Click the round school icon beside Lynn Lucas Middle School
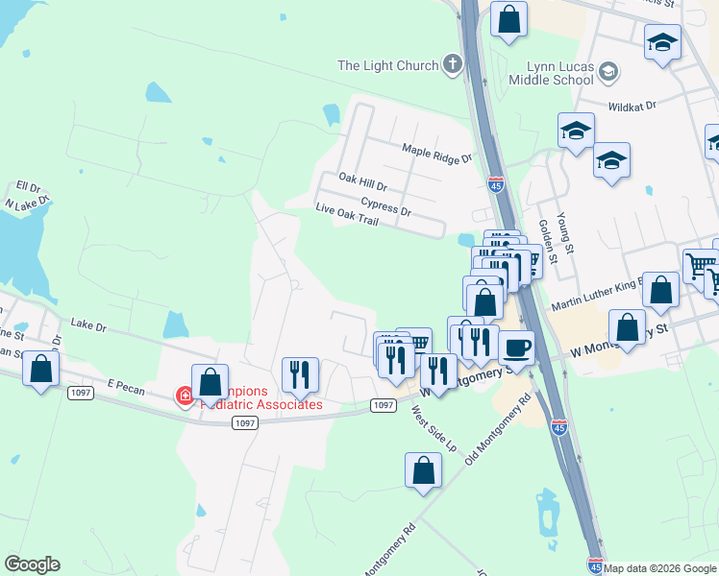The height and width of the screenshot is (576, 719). pyautogui.click(x=607, y=71)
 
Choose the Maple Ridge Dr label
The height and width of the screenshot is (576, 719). pyautogui.click(x=437, y=153)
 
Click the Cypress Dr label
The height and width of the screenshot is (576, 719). pyautogui.click(x=385, y=205)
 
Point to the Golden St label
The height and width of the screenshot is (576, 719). pyautogui.click(x=546, y=241)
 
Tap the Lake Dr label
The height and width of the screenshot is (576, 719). pyautogui.click(x=87, y=325)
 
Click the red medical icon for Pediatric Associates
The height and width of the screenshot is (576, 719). pyautogui.click(x=183, y=396)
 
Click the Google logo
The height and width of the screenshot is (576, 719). pyautogui.click(x=32, y=564)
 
